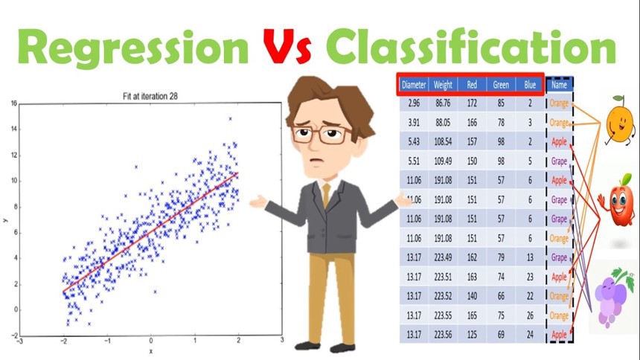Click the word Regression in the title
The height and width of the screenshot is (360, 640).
pyautogui.click(x=132, y=48)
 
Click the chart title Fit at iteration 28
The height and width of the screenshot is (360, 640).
pyautogui.click(x=150, y=97)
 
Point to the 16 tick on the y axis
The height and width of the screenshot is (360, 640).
pyautogui.click(x=14, y=103)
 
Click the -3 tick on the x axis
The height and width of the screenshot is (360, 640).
pyautogui.click(x=19, y=341)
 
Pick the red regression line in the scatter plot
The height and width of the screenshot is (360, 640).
pyautogui.click(x=150, y=232)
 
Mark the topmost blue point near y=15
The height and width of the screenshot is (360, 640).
pyautogui.click(x=230, y=119)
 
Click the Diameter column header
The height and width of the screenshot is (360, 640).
pyautogui.click(x=414, y=85)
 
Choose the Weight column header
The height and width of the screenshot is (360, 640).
pyautogui.click(x=443, y=85)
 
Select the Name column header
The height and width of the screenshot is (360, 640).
pyautogui.click(x=559, y=85)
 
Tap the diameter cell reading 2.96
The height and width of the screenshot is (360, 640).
pyautogui.click(x=414, y=103)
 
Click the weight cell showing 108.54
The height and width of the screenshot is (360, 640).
pyautogui.click(x=443, y=141)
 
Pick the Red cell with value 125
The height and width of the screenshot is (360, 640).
pyautogui.click(x=472, y=335)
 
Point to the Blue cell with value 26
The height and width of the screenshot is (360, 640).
pyautogui.click(x=530, y=315)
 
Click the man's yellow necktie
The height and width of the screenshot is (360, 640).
pyautogui.click(x=326, y=195)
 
